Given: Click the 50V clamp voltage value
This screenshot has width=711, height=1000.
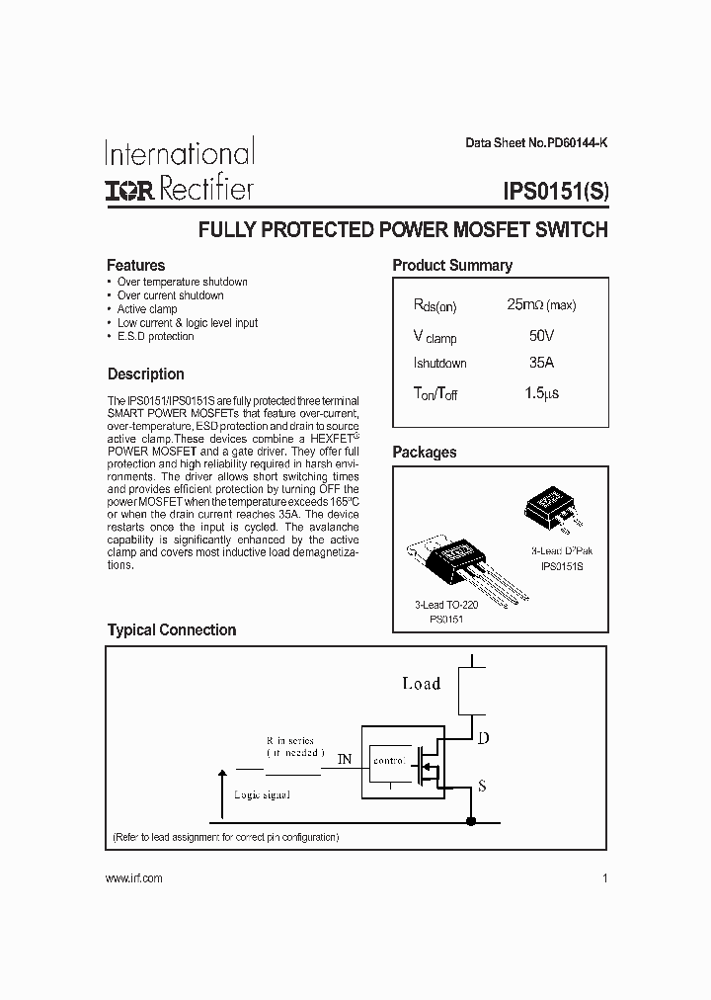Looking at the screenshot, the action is pyautogui.click(x=541, y=335).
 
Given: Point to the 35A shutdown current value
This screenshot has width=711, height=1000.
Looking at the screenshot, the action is pyautogui.click(x=541, y=363).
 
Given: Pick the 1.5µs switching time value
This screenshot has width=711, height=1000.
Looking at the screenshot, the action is pyautogui.click(x=541, y=392).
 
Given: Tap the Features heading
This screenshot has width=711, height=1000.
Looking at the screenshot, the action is pyautogui.click(x=135, y=265).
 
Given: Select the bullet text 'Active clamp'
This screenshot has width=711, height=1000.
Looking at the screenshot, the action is pyautogui.click(x=147, y=309).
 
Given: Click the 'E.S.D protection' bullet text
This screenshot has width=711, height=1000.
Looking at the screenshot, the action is pyautogui.click(x=155, y=337).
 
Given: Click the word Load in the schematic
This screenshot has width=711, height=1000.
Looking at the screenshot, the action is pyautogui.click(x=421, y=683).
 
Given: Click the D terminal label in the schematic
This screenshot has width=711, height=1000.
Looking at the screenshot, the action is pyautogui.click(x=483, y=737).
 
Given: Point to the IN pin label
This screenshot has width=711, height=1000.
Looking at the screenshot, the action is pyautogui.click(x=344, y=759).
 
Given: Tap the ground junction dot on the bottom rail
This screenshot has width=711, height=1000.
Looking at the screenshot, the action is pyautogui.click(x=471, y=821).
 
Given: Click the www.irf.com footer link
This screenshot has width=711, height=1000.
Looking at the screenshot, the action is pyautogui.click(x=133, y=877).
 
